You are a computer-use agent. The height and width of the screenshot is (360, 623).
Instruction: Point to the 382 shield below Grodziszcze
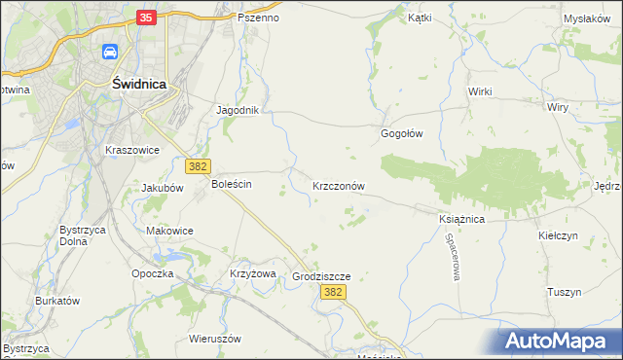[333, 292]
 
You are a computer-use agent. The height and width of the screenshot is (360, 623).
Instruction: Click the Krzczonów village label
[339, 185]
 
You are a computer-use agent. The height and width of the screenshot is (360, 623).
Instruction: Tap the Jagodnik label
[237, 110]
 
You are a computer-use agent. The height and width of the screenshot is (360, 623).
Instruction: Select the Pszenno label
[258, 18]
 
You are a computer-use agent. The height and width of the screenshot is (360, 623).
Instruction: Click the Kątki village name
[420, 18]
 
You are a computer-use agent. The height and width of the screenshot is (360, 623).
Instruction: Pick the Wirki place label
[480, 91]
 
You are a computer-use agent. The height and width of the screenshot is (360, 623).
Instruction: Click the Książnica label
[461, 220]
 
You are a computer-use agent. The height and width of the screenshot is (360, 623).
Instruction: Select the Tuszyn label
[564, 292]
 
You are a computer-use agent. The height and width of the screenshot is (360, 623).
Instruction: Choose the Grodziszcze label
[320, 276]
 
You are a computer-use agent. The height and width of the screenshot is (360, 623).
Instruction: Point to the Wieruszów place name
[214, 339]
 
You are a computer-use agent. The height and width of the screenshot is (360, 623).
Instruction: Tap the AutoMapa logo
[560, 341]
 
